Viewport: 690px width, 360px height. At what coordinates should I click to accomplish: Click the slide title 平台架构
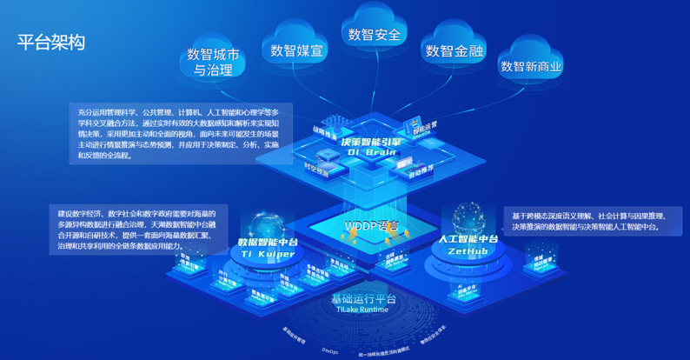coord(51,43)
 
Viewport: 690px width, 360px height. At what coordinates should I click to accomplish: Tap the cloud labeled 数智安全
coord(375,35)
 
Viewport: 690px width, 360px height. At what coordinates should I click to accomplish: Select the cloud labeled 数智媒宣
coord(298,51)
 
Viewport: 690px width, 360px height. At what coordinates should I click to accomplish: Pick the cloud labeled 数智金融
coord(454,51)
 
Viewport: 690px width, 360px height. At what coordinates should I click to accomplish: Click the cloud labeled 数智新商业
coord(531,66)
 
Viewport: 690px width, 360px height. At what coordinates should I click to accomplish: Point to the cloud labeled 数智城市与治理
coord(213,62)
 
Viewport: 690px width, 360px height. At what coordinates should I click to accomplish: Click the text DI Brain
coord(371,151)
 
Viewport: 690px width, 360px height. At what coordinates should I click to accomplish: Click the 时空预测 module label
coord(317,170)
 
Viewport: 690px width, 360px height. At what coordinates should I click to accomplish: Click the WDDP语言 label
coord(372,226)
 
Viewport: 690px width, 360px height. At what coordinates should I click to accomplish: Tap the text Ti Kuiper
coord(269,253)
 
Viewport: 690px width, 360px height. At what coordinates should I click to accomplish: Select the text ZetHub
coord(468,250)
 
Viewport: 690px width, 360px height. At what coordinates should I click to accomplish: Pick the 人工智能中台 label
coord(468,238)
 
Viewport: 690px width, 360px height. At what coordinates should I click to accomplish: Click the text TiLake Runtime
coord(363,310)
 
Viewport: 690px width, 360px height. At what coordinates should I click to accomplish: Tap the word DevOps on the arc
coord(329,350)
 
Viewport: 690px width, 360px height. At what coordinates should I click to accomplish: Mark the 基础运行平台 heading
coord(363,299)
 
